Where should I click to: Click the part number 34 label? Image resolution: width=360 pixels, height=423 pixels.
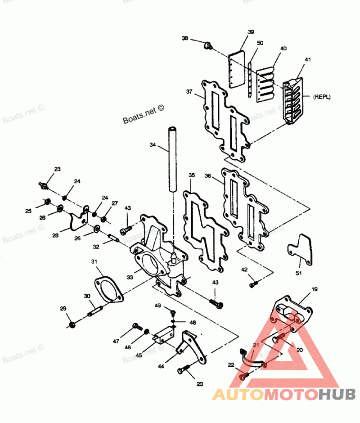(153, 145)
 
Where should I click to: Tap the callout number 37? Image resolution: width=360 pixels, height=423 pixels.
(189, 92)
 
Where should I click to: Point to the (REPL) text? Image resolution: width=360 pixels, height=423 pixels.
(322, 96)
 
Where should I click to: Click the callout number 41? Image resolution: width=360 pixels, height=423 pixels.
(307, 59)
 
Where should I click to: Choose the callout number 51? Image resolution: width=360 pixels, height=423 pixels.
(299, 273)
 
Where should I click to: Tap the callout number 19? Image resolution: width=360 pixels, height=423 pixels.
(314, 289)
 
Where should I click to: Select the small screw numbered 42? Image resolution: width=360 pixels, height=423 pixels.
(253, 284)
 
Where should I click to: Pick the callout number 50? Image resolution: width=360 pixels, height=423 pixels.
(260, 43)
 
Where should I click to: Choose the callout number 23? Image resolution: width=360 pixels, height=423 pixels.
(57, 169)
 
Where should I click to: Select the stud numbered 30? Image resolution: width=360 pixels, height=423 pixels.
(96, 310)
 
